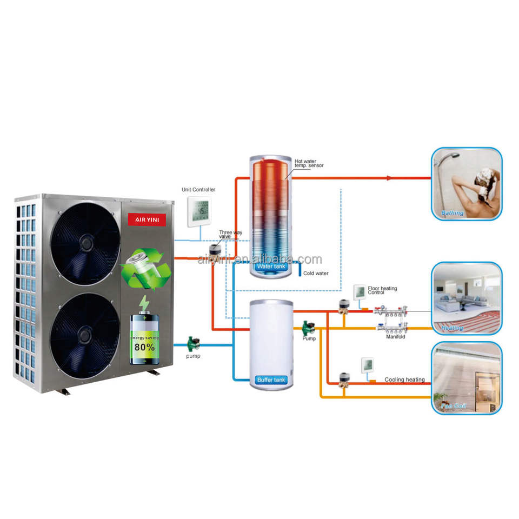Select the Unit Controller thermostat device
click(198, 211)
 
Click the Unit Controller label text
click(198, 190)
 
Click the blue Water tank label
click(270, 267)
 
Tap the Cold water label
click(316, 274)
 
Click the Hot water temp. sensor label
click(309, 163)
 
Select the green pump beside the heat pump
click(192, 343)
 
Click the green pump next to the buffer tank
click(309, 327)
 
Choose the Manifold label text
click(395, 336)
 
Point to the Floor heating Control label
click(382, 291)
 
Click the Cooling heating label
click(404, 380)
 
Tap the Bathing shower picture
click(467, 183)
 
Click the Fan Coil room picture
click(467, 378)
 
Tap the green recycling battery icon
click(145, 268)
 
